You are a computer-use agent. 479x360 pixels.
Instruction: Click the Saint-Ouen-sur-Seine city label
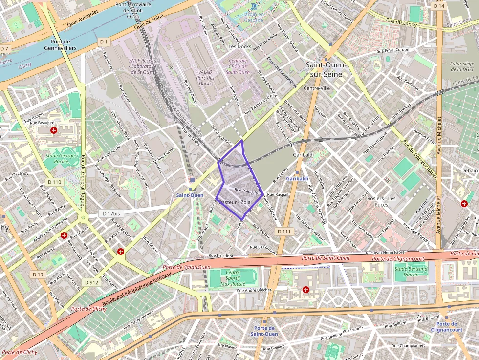coord(326,69)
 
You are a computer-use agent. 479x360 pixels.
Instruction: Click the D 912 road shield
coord(91,282)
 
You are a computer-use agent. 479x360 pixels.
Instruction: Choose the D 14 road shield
coord(438,6)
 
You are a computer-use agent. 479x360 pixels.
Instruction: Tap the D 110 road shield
coord(55,182)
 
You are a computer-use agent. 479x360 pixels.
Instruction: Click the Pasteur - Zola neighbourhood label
coord(235,202)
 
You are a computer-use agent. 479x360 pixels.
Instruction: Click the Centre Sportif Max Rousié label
coord(233,277)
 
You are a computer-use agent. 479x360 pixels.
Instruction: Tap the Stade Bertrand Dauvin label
coord(411,272)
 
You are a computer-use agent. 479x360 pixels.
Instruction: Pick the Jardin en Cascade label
coord(254,17)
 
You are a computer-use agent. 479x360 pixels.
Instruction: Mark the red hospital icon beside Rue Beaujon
coord(54,130)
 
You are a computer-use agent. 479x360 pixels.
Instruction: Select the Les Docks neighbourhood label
coord(239,47)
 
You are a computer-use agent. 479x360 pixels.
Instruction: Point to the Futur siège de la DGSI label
coord(462,66)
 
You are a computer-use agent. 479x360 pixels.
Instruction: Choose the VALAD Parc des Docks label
coord(205,78)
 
